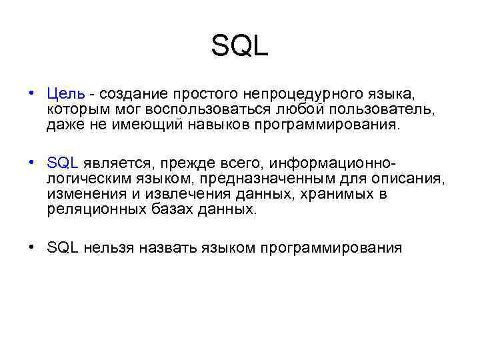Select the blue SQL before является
point(63,163)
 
